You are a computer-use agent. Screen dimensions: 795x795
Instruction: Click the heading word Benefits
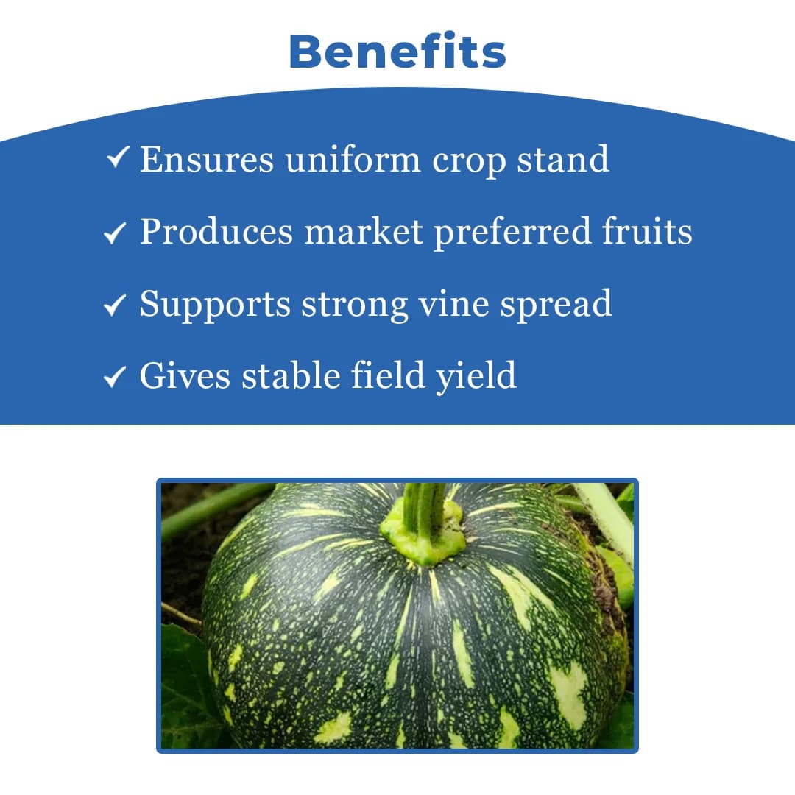click(x=397, y=52)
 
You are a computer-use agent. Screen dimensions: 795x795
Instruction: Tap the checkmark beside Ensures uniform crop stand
click(x=119, y=158)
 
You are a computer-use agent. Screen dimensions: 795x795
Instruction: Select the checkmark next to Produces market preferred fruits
click(x=115, y=233)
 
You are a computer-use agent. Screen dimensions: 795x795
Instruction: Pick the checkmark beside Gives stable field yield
click(x=115, y=377)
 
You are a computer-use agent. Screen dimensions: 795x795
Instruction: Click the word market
click(x=364, y=233)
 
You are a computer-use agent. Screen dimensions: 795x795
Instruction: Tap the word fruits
click(x=647, y=233)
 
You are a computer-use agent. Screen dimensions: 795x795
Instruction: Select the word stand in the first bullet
click(x=563, y=159)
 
